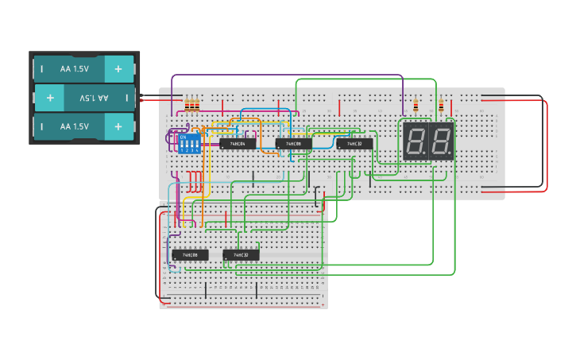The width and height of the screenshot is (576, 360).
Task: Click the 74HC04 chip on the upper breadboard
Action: (x=238, y=144)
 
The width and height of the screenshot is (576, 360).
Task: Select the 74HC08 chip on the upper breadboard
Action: (x=294, y=144)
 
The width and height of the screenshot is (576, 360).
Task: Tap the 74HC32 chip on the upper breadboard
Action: (x=354, y=144)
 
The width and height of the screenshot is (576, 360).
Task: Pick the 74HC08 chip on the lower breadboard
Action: (x=190, y=255)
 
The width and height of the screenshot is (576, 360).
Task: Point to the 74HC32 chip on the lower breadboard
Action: (x=241, y=255)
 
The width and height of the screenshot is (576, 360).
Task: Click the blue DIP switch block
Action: (x=187, y=144)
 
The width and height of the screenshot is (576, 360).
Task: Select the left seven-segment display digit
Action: (x=415, y=141)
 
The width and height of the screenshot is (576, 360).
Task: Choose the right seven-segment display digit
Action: (x=441, y=141)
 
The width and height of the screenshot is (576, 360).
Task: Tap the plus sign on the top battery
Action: (x=118, y=69)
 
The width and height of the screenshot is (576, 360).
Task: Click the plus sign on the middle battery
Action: (x=50, y=98)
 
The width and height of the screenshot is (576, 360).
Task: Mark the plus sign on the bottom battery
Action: (x=118, y=126)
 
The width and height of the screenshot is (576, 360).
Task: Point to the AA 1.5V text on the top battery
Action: (x=75, y=69)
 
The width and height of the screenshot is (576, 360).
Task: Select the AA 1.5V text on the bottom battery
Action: (x=75, y=126)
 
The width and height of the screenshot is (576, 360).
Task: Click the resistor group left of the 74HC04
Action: (x=192, y=105)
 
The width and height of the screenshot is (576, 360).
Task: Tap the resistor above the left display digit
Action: (x=416, y=105)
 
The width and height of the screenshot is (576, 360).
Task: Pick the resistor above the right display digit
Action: (x=441, y=105)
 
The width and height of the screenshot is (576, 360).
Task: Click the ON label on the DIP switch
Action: (x=184, y=137)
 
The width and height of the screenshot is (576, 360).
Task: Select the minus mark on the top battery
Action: (x=42, y=69)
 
